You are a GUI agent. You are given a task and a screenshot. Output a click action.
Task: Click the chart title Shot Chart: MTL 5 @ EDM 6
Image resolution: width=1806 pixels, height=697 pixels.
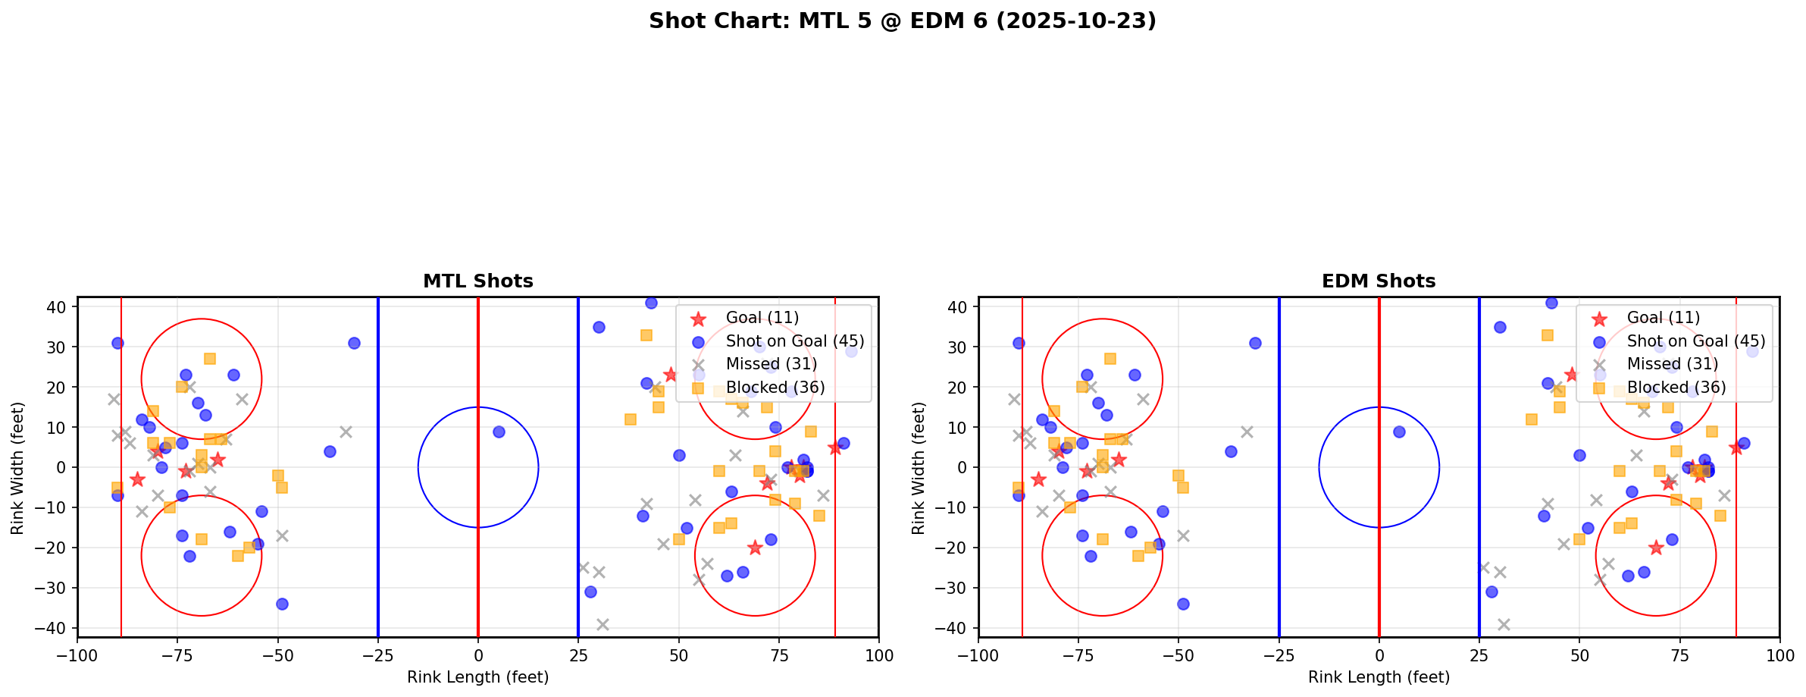tap(902, 21)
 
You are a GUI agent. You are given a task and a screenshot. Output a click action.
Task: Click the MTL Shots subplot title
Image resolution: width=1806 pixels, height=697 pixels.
tap(477, 281)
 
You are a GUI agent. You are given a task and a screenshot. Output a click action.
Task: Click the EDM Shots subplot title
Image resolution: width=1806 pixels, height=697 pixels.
tap(1378, 281)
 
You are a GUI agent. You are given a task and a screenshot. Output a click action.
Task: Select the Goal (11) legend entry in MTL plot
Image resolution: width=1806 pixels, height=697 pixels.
tap(762, 318)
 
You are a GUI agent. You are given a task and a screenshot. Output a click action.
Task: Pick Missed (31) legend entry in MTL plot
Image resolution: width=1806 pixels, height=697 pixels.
tap(771, 364)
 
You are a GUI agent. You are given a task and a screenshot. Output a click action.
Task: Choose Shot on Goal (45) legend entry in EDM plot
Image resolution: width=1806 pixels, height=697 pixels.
tap(1695, 341)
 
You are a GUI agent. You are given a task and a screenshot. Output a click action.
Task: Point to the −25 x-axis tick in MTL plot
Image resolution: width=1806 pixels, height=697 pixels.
tap(377, 655)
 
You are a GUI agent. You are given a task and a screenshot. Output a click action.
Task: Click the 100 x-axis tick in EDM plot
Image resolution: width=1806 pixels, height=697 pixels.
tap(1779, 655)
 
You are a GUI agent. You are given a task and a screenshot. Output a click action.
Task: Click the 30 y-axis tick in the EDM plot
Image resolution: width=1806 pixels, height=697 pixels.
tap(958, 347)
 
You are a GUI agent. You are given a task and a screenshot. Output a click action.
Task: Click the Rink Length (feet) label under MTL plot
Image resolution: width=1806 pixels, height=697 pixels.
tap(477, 677)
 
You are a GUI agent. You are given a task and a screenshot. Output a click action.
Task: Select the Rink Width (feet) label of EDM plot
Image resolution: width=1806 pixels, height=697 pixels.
tap(919, 468)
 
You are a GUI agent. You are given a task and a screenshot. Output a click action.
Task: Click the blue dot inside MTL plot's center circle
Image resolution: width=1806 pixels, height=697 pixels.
tap(499, 432)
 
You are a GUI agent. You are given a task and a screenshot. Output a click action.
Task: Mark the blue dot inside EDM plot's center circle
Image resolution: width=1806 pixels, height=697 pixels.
tap(1399, 432)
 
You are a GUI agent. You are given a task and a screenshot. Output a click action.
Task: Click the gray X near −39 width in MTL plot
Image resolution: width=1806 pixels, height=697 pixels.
tap(603, 624)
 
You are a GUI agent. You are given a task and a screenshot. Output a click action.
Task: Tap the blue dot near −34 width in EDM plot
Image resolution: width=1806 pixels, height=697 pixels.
tap(1183, 604)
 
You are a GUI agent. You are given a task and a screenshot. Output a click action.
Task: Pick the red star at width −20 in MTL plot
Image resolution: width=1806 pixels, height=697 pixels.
tap(754, 548)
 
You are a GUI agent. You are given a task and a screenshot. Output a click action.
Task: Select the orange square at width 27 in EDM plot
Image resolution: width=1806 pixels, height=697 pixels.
tap(1110, 359)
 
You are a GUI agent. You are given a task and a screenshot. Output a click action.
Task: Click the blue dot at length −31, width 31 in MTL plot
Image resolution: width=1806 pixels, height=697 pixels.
tap(354, 343)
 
